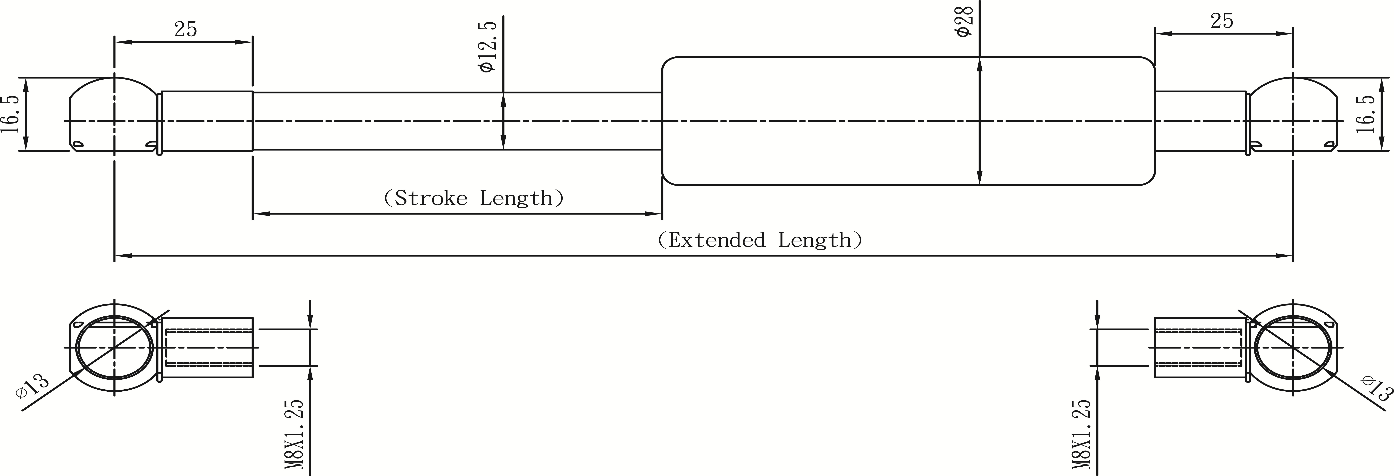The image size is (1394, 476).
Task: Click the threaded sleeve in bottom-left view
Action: pyautogui.click(x=208, y=347)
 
